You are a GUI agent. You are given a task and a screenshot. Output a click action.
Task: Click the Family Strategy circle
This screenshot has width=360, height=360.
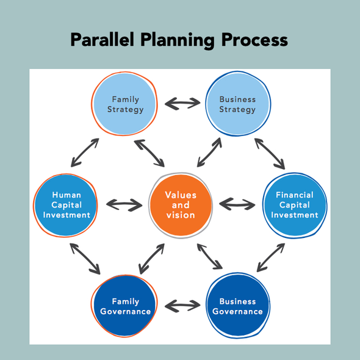(124, 104)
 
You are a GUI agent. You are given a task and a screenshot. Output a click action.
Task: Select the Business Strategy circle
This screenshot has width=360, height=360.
(238, 104)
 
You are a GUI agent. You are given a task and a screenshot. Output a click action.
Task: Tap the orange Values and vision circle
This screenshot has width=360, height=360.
(181, 205)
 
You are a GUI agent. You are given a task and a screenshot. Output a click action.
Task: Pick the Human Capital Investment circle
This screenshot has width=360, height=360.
(65, 205)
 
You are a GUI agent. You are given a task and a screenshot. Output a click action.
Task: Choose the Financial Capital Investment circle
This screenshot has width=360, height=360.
(295, 205)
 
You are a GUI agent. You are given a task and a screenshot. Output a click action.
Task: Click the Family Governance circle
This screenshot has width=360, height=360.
(124, 306)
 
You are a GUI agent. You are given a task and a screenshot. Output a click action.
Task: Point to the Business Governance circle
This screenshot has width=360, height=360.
(238, 305)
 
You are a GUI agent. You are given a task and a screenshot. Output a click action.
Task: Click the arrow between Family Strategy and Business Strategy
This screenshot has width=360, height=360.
(182, 103)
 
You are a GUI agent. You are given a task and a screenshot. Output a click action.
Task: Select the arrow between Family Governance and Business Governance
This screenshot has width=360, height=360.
(182, 306)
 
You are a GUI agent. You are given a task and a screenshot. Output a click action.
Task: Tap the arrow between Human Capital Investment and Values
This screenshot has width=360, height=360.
(124, 205)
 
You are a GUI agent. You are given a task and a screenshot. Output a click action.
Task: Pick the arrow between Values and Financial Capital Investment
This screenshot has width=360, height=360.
(237, 204)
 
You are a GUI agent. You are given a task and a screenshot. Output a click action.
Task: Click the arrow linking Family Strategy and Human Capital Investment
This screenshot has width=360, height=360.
(85, 153)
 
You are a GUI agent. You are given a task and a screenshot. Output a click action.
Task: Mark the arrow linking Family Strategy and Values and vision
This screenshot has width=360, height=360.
(149, 153)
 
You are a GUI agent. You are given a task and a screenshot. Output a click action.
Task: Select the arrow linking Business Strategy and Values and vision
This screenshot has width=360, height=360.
(209, 152)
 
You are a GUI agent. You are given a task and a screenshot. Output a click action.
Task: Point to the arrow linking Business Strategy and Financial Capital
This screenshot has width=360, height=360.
(270, 154)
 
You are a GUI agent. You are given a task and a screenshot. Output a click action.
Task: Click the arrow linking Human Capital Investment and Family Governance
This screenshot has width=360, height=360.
(85, 259)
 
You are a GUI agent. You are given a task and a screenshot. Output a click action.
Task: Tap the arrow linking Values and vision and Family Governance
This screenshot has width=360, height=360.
(152, 259)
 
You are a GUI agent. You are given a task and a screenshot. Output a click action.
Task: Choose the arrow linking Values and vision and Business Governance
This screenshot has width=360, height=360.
(210, 256)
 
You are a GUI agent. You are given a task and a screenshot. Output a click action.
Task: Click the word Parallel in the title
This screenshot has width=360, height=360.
(102, 40)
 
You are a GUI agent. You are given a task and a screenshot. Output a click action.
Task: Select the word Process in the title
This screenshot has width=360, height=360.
(254, 40)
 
